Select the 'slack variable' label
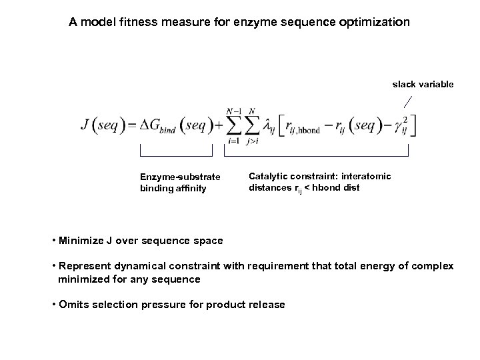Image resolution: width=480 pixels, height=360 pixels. tap(423, 84)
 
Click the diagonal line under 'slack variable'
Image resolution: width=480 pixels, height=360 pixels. tap(408, 102)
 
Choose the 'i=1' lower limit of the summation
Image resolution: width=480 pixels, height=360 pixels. tap(233, 141)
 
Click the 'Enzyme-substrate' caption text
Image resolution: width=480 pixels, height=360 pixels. tap(174, 177)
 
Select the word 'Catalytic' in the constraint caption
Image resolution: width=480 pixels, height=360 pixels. tap(267, 176)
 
